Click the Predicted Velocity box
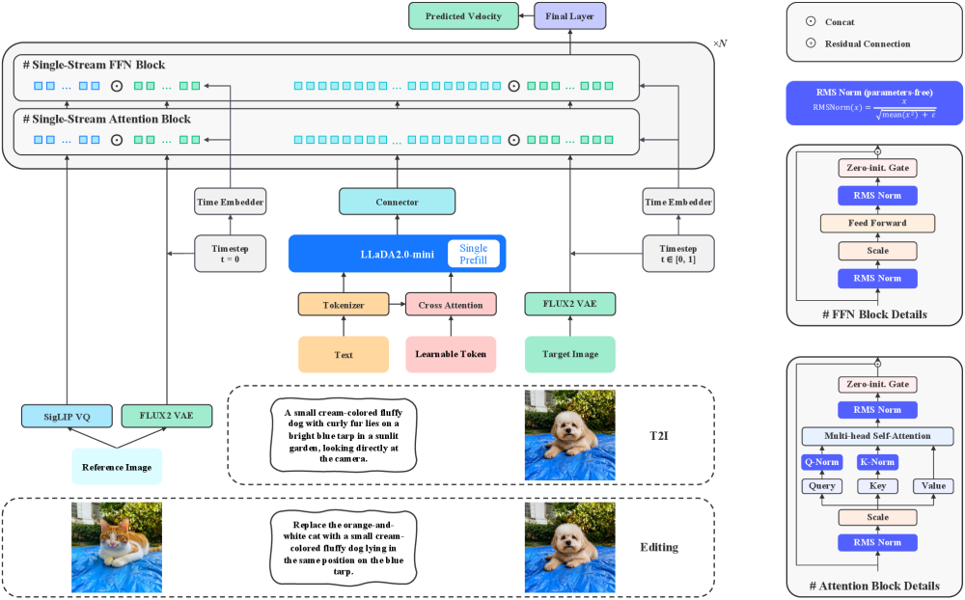[x=463, y=16]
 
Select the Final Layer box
[x=569, y=16]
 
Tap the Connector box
[x=397, y=202]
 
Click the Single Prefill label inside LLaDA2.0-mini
[x=473, y=254]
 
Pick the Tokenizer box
[x=344, y=305]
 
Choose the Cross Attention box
[x=451, y=305]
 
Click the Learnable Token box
[x=451, y=354]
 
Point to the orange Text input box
[x=344, y=354]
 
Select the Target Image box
[x=570, y=354]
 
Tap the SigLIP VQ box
[x=68, y=417]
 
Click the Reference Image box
[x=117, y=467]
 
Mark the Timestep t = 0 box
[x=231, y=254]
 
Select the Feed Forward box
[x=877, y=223]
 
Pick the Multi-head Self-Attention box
[x=877, y=436]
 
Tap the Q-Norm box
[x=822, y=462]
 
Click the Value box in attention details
[x=933, y=486]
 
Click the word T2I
[x=659, y=436]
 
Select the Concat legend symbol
[x=811, y=21]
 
